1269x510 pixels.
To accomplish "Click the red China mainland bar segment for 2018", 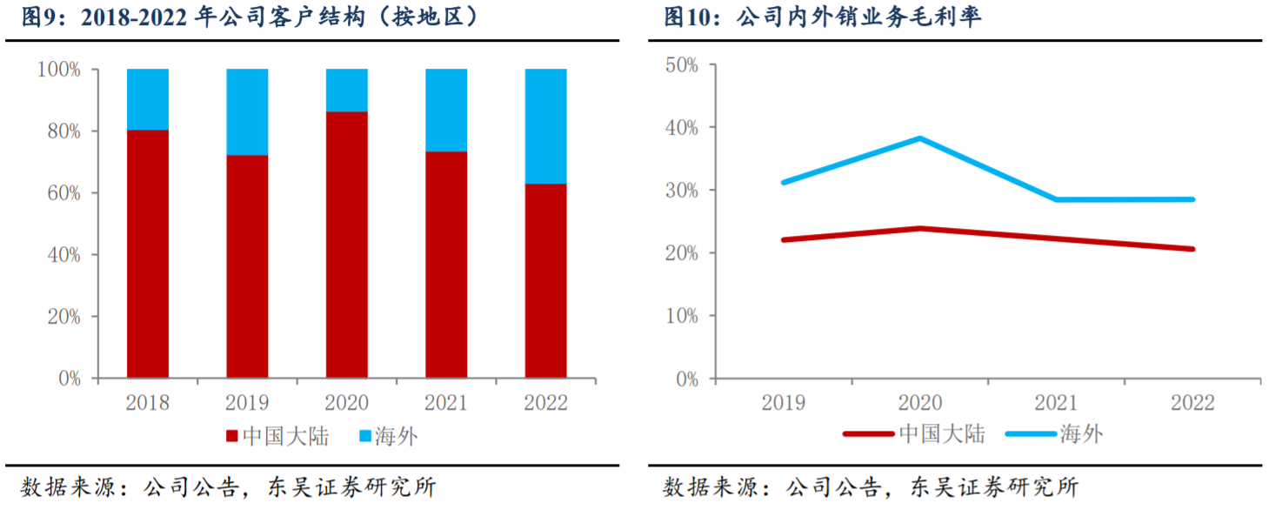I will tap(148, 254).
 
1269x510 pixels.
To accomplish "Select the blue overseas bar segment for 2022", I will tap(545, 126).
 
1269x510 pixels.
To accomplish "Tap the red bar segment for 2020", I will tap(346, 245).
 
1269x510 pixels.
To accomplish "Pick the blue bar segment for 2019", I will tap(247, 111).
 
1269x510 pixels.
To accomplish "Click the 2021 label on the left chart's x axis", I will tap(446, 402).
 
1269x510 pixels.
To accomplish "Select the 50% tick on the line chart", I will tap(682, 65).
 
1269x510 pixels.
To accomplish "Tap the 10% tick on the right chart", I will tap(682, 315).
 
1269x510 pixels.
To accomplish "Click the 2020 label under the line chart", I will tap(920, 402).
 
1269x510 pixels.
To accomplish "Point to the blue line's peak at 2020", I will tap(920, 138).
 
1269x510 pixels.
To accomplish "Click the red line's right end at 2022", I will tap(1192, 249).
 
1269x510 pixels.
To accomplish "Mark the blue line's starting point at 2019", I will tap(784, 182).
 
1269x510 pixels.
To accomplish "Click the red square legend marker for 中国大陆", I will tap(232, 436).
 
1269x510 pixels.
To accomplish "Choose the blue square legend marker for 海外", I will tap(364, 436).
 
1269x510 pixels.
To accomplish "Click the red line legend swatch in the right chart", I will tap(868, 433).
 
